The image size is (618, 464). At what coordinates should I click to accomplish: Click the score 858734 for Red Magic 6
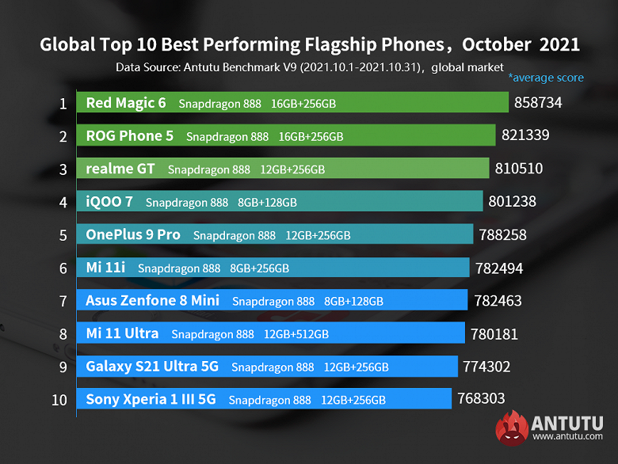543,103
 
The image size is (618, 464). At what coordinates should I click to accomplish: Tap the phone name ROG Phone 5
129,135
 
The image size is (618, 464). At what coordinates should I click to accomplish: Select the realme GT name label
120,169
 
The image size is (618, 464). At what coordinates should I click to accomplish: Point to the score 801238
516,202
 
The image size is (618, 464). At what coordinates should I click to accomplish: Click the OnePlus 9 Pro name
133,234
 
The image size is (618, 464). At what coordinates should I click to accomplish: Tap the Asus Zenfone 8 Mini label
152,301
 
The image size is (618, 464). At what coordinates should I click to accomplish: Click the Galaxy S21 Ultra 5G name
151,367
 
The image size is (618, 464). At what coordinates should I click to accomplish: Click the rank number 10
59,400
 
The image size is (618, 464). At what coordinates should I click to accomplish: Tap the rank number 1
62,103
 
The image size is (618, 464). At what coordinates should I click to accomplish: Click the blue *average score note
546,78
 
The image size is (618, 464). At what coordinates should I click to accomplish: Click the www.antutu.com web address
567,437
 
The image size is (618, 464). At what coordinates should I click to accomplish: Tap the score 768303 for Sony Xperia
481,399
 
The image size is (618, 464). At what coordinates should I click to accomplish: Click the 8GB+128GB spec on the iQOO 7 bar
267,203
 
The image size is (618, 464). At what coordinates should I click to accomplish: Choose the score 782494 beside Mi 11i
499,268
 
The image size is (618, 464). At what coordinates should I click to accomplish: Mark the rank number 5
62,235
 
